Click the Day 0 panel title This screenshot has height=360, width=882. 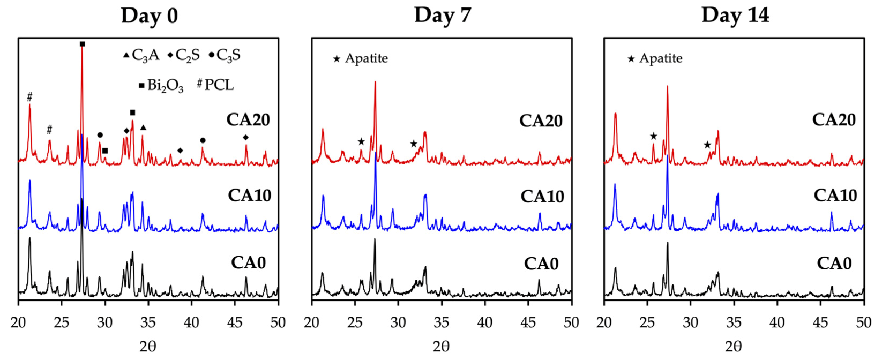(x=149, y=16)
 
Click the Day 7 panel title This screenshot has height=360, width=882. (x=442, y=15)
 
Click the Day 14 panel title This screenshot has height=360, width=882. (x=735, y=15)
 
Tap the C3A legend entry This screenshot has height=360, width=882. (x=141, y=55)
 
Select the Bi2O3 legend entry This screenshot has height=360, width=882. (x=161, y=85)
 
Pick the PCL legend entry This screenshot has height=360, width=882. (x=215, y=85)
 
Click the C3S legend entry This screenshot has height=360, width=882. (x=225, y=55)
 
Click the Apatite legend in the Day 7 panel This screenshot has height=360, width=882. (x=361, y=58)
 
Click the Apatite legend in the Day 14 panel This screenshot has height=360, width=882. (x=655, y=58)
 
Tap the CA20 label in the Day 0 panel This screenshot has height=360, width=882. (x=248, y=119)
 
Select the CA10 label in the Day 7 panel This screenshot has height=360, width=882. (x=542, y=197)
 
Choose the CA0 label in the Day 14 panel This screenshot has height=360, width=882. (x=834, y=263)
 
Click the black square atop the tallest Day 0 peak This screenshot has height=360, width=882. (x=82, y=44)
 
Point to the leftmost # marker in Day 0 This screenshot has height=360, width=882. (x=29, y=97)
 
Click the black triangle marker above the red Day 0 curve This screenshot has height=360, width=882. (x=143, y=128)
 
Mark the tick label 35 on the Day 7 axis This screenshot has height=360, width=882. (x=441, y=322)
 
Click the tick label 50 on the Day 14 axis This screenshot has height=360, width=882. (x=863, y=322)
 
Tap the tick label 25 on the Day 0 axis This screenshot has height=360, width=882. (x=62, y=322)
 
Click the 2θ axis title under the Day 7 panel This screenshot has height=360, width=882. (x=441, y=347)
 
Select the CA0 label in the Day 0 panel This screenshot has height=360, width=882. (x=248, y=262)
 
